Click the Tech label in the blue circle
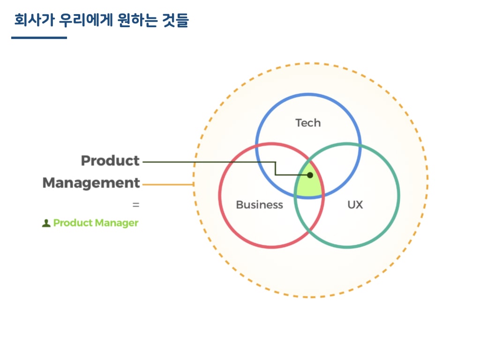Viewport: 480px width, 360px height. point(308,123)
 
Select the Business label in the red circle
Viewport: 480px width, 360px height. point(259,205)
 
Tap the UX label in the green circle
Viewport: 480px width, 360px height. point(355,205)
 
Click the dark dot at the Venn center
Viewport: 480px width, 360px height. point(310,175)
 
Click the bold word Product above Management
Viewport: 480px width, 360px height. point(110,161)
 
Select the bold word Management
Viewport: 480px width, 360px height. point(91,183)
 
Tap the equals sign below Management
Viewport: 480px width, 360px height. point(136,205)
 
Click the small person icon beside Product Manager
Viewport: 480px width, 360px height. point(46,223)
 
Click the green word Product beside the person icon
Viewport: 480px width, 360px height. point(73,223)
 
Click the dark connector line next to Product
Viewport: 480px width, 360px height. point(206,162)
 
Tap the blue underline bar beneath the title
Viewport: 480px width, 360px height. point(39,37)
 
